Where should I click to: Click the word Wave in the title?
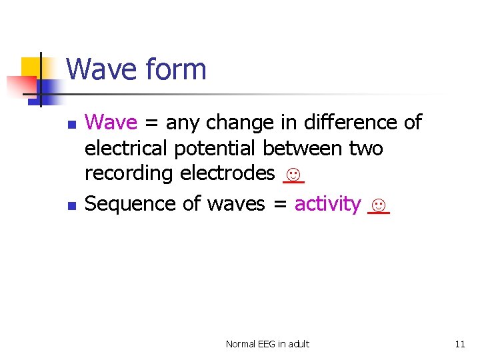(x=99, y=69)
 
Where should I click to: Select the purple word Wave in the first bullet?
(x=111, y=123)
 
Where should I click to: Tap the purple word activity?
(x=328, y=204)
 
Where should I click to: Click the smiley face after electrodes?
(x=293, y=175)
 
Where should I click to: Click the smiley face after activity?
(x=378, y=204)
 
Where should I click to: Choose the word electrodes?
(x=227, y=174)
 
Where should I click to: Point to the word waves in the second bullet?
(x=236, y=204)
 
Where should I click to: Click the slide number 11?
(x=460, y=344)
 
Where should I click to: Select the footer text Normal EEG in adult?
(x=267, y=344)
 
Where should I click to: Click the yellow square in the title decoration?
(x=31, y=67)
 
